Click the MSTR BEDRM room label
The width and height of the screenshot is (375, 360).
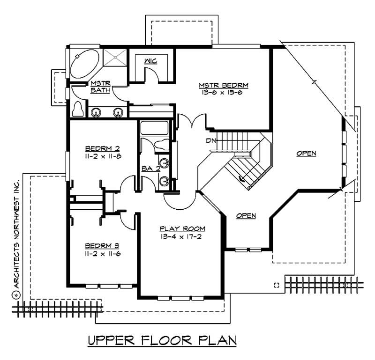pyautogui.click(x=223, y=85)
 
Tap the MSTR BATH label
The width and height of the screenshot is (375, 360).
pyautogui.click(x=100, y=87)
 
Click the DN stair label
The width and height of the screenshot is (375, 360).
pyautogui.click(x=210, y=140)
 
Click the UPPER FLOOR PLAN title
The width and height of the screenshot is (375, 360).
pyautogui.click(x=162, y=340)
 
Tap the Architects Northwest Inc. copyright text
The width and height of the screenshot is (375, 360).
pyautogui.click(x=16, y=239)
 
